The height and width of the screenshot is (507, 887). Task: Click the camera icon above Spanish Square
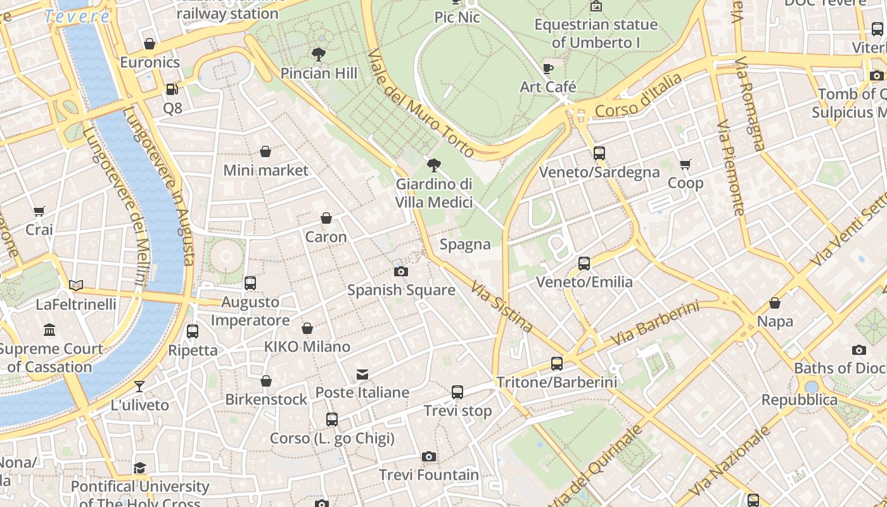tap(400, 271)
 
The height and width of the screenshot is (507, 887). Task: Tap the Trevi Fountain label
tap(429, 475)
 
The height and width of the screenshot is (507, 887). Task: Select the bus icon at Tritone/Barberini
tap(556, 364)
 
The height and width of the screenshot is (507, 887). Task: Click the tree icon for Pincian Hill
tap(319, 55)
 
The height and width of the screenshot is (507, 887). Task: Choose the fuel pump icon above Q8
tap(172, 89)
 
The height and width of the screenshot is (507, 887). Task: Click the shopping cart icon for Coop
tap(685, 165)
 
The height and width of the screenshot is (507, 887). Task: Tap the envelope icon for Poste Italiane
tap(362, 374)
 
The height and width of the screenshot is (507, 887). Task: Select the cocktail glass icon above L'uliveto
tap(139, 386)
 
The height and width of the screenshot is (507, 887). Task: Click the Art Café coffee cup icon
tap(548, 68)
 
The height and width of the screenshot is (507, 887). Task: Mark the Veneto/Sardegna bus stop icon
tap(599, 153)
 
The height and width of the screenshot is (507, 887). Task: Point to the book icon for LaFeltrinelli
tap(76, 286)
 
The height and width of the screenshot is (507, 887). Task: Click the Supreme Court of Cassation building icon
tap(49, 330)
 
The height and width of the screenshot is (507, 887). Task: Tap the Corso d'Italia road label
tap(639, 96)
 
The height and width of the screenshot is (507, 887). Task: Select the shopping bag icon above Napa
tap(774, 303)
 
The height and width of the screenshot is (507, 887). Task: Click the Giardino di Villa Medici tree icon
tap(434, 165)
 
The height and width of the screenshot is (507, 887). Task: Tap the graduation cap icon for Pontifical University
tap(139, 468)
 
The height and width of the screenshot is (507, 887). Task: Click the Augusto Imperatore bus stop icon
tap(250, 283)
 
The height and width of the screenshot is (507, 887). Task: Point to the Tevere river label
tap(77, 16)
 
